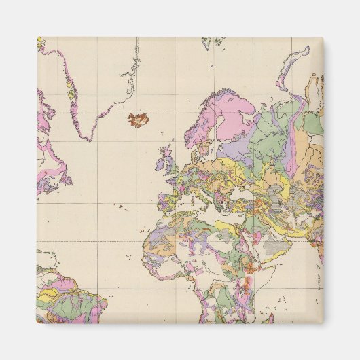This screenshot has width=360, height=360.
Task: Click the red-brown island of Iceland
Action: [139, 120]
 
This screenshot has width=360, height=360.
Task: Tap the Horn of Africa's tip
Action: [274, 261]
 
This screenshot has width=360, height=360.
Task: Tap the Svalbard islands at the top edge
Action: [215, 43]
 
